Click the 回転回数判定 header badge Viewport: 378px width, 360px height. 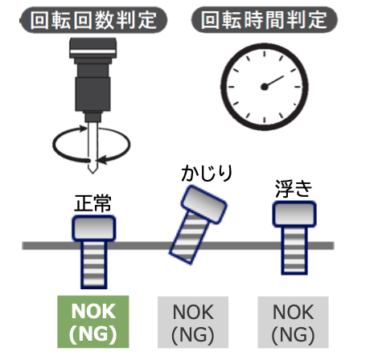coord(94,20)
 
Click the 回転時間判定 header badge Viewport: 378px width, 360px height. coord(265,20)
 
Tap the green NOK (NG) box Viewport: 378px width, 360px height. coord(93,321)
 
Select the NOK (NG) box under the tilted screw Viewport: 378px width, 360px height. coord(193,322)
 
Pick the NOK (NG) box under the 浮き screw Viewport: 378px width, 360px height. coord(293,322)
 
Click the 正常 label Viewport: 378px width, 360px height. coord(92,203)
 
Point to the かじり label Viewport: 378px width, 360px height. coord(207,173)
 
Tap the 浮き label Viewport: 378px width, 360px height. coord(294,189)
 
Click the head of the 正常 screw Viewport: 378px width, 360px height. coord(94,228)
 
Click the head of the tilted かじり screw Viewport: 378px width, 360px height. coord(204,204)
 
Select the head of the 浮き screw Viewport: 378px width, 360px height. coord(294,215)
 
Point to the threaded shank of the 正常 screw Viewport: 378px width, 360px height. coord(94,264)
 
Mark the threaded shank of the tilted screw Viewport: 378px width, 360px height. coord(189,237)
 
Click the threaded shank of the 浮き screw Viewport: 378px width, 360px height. coord(294,251)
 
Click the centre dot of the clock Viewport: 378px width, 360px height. coord(265,87)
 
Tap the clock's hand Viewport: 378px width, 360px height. coord(274,81)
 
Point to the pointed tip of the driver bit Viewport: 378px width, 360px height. coord(92,173)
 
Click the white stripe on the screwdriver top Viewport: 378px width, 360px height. coord(92,51)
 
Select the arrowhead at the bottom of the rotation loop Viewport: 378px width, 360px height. coord(101,160)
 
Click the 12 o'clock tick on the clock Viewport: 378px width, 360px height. coord(265,54)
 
